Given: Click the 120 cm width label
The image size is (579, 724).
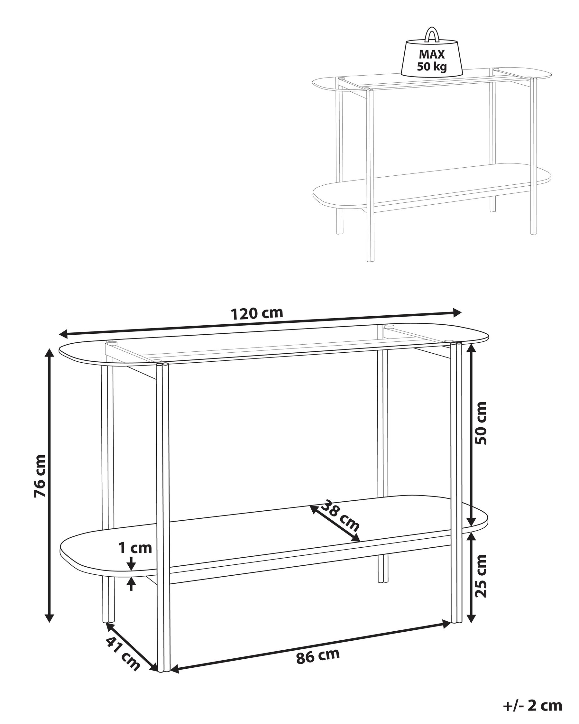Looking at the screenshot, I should (257, 313).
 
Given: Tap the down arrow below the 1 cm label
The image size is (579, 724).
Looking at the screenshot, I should (131, 564).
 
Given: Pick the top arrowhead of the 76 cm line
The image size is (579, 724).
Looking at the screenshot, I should (50, 353).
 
